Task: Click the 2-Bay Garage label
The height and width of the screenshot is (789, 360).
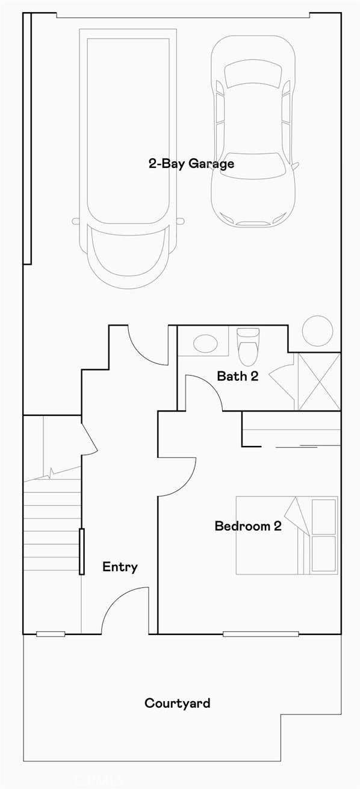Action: [x=191, y=163]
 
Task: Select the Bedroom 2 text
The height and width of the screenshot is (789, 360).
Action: [x=248, y=526]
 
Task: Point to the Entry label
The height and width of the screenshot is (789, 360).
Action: [x=120, y=566]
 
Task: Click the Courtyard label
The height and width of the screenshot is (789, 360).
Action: [x=177, y=702]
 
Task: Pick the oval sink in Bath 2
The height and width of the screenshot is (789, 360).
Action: [x=206, y=344]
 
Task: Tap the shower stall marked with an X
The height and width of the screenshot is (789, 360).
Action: [x=319, y=382]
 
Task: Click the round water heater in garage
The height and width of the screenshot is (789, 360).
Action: [x=317, y=330]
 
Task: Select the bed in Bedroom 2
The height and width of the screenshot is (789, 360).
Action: [x=286, y=535]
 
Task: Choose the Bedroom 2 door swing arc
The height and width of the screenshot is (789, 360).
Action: [x=177, y=477]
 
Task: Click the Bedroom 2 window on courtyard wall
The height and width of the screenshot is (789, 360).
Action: [x=260, y=634]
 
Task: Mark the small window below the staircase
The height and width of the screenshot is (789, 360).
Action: [x=51, y=634]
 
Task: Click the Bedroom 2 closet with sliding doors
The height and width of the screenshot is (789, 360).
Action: [x=291, y=437]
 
